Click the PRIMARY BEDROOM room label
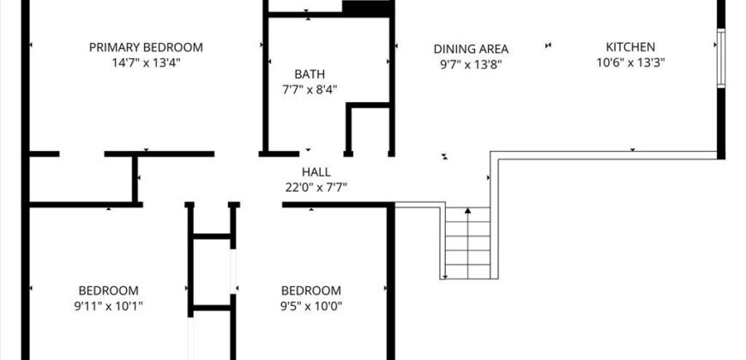point(146,47)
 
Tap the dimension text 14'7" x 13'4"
point(146,63)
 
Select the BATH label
point(310,74)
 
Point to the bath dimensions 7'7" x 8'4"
point(310,89)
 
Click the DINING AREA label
point(471,48)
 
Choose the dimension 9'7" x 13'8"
point(471,63)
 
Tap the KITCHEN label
point(630,47)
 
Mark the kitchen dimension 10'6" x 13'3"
point(630,63)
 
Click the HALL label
point(316,171)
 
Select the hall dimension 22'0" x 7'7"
point(316,187)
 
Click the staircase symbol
point(467,243)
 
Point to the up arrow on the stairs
point(468,211)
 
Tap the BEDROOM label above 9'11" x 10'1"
point(109,291)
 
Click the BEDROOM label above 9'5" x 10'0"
point(311,291)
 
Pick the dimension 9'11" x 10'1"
point(109,306)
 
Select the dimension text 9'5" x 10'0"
point(311,306)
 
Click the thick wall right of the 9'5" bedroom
point(391,283)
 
